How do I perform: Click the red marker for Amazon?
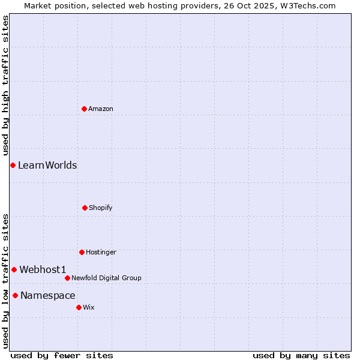click(x=84, y=109)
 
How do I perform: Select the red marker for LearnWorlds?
click(x=13, y=165)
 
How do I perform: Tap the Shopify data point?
click(x=85, y=208)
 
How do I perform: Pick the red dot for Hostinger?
click(x=82, y=252)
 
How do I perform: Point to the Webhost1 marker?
click(x=14, y=269)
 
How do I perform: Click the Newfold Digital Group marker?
click(x=67, y=278)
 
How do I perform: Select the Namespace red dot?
click(x=15, y=295)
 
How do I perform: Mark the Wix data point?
click(x=79, y=307)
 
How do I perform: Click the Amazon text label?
click(x=101, y=109)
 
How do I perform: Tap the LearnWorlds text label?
click(x=47, y=165)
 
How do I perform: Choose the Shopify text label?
click(x=101, y=208)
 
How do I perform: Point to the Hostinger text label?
click(x=101, y=252)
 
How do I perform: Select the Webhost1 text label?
click(x=43, y=269)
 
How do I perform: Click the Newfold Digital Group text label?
click(x=106, y=278)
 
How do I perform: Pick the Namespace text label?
click(x=48, y=295)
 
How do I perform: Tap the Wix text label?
click(x=89, y=307)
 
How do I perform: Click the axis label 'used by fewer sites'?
click(x=62, y=355)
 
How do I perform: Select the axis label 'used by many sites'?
click(x=301, y=355)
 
